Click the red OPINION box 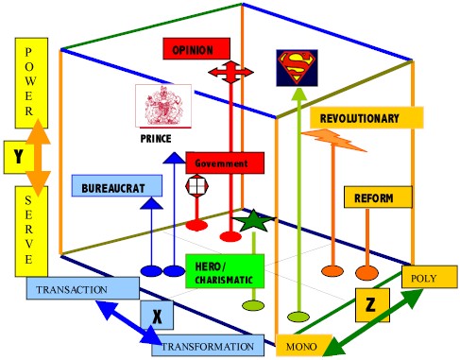point(196,49)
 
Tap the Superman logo point(297,68)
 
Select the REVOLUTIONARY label point(366,118)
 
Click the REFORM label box point(378,197)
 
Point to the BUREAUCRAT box point(117,186)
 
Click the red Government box point(225,163)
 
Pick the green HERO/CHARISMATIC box point(225,271)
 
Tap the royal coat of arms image point(163,106)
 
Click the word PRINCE point(156,139)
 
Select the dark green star point(254,221)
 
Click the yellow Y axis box point(19,157)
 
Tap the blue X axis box point(157,315)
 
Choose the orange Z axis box point(372,305)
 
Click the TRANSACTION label point(83,288)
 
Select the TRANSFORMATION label point(208,346)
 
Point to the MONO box point(304,346)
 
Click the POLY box point(430,277)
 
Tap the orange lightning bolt point(333,140)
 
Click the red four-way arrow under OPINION point(230,72)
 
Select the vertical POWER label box point(31,83)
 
